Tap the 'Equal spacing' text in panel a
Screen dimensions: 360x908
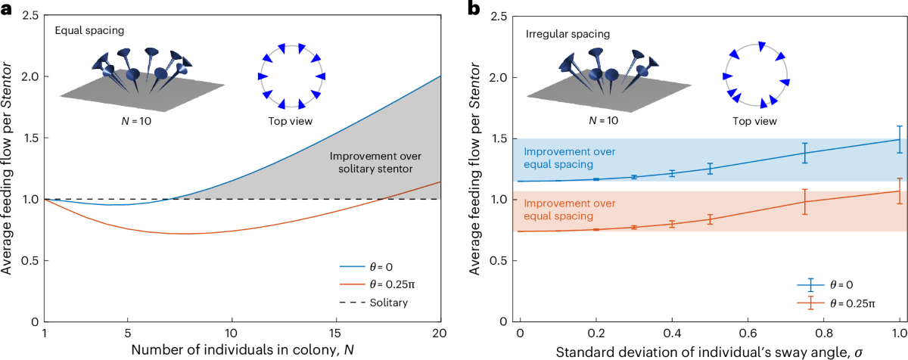85,31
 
